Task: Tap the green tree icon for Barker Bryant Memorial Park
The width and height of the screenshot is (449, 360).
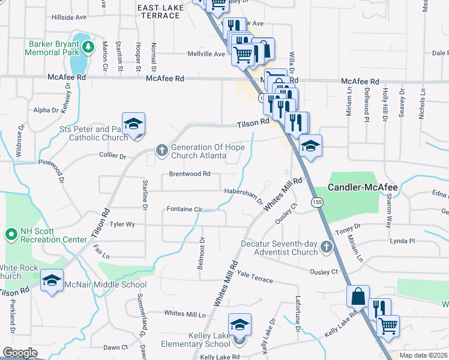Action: tap(88, 46)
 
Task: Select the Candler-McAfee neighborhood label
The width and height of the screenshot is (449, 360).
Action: tap(363, 188)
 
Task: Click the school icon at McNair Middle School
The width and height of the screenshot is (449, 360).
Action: tap(52, 280)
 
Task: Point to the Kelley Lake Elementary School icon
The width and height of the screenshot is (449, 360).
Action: tap(240, 325)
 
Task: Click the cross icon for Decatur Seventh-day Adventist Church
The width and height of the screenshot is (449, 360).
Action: tap(326, 247)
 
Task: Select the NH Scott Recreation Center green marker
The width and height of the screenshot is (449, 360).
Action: tap(11, 233)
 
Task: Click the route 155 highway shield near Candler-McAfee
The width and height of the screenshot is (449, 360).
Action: tap(316, 203)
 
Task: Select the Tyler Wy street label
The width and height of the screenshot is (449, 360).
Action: tap(122, 224)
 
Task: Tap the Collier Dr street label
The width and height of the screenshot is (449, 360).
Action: tap(113, 157)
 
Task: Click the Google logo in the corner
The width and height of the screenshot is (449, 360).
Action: tap(20, 352)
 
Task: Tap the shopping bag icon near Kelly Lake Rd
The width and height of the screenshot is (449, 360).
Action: tap(358, 296)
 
